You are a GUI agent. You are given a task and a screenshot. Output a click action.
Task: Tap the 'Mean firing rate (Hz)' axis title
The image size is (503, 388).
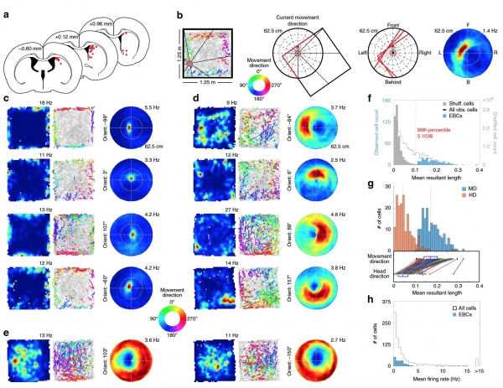click(434, 381)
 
